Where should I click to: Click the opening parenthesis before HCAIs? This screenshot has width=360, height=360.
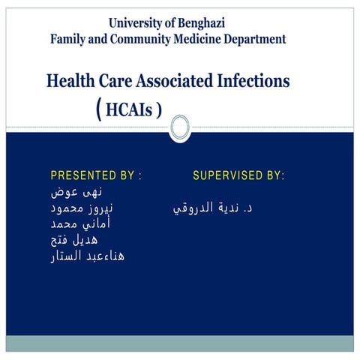(100, 110)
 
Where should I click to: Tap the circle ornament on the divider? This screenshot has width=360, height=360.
(181, 128)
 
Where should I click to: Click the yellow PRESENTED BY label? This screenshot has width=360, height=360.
(96, 176)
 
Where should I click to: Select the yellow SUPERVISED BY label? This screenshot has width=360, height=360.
(238, 176)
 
